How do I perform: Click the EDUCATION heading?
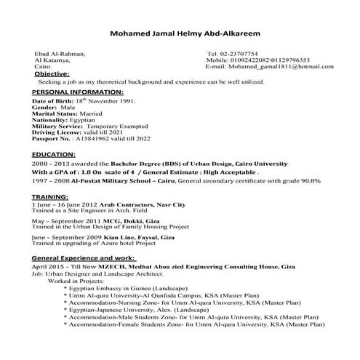[x=58, y=156]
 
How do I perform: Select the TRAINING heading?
[x=54, y=196]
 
